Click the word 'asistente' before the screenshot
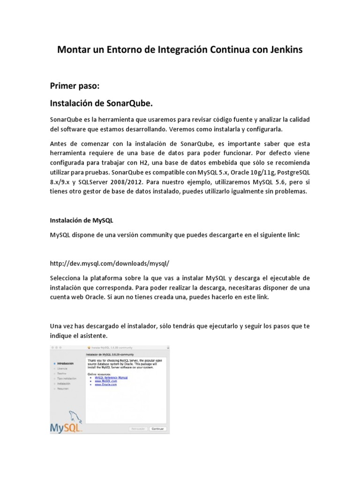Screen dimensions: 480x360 pos(93,337)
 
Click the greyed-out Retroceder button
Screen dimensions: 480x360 pos(138,428)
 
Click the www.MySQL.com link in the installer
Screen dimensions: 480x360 pos(105,382)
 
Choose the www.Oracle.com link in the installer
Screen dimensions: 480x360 pos(105,385)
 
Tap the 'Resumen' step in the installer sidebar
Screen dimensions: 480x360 pos(63,389)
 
